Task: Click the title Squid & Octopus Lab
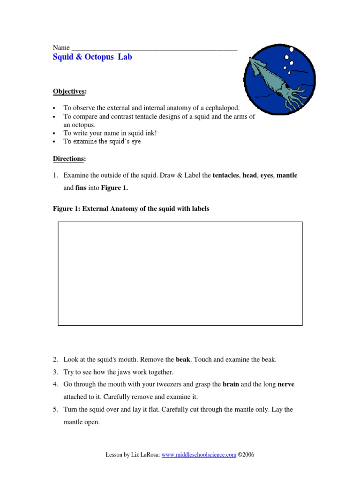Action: click(92, 57)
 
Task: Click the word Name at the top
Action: click(61, 47)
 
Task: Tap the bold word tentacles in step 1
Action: click(226, 175)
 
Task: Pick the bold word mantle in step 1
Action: click(287, 175)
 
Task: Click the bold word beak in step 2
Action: click(183, 360)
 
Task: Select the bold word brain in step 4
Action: click(231, 384)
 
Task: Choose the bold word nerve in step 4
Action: click(286, 384)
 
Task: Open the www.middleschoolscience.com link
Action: click(199, 455)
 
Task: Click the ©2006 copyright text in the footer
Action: click(246, 455)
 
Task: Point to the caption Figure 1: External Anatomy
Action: click(131, 209)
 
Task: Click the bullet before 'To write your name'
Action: click(55, 133)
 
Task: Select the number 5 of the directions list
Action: click(55, 409)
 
